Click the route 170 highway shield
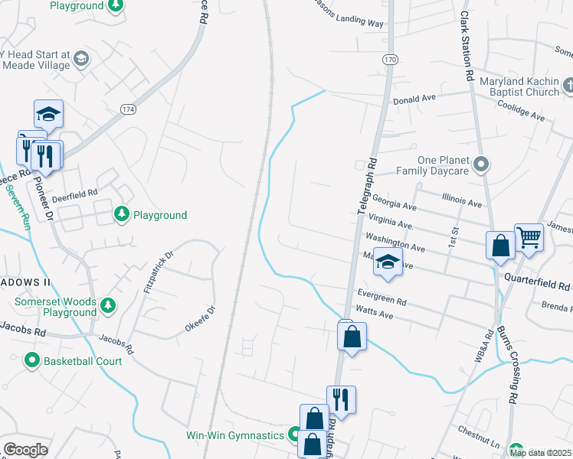(x=391, y=60)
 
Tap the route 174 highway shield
(x=128, y=110)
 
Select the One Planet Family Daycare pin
(x=481, y=164)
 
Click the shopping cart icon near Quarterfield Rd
(x=529, y=237)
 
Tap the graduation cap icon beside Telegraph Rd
(x=388, y=262)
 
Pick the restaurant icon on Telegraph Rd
(x=341, y=399)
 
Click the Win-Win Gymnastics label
(x=235, y=435)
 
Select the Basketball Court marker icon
(x=32, y=360)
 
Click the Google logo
(x=25, y=450)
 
